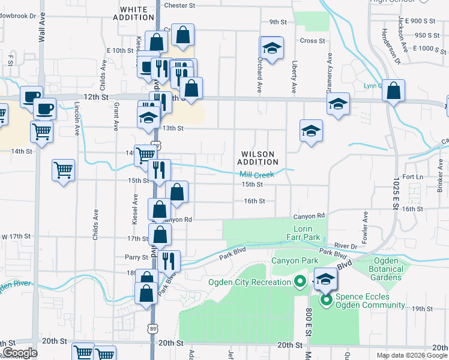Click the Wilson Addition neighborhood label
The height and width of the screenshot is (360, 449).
coord(258,158)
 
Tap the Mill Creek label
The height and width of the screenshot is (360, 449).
coord(257,175)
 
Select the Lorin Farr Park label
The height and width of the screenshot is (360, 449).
coord(307,233)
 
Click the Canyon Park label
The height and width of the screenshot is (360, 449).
coord(293,260)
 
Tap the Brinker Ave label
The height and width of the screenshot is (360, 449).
coord(441,180)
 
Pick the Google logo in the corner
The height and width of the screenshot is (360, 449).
coord(20,353)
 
